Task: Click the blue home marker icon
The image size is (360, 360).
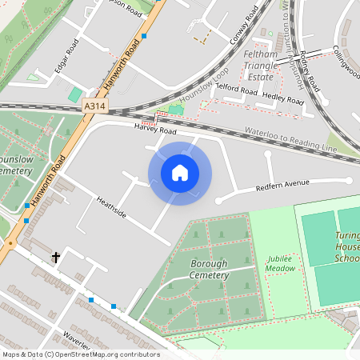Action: pos(180,173)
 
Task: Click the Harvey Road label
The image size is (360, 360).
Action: pos(155,129)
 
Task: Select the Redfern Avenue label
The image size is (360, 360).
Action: pos(282,185)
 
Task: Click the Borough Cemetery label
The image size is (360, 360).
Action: pos(208,269)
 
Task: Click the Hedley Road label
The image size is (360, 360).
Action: pos(283,100)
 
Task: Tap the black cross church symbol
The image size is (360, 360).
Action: pos(56,257)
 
